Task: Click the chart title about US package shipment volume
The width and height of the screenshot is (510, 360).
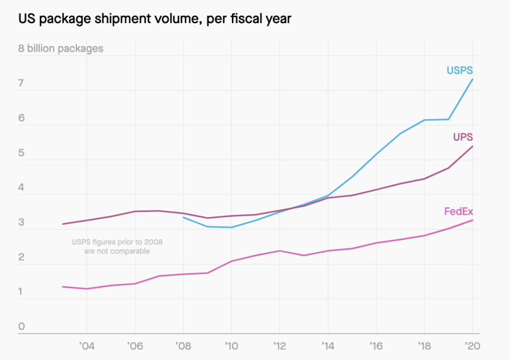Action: (x=155, y=19)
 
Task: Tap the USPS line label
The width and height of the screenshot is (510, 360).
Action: (x=459, y=70)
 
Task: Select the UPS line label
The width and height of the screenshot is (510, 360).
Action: (x=463, y=137)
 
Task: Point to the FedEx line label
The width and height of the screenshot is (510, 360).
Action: (x=458, y=211)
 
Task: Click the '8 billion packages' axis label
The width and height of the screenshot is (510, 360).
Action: (x=60, y=49)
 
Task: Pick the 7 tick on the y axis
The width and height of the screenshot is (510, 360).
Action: (x=21, y=84)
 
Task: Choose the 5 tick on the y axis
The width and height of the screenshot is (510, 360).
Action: (x=21, y=153)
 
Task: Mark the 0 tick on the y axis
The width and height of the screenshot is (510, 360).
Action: (x=21, y=326)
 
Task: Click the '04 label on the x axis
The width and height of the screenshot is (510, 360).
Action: (x=86, y=346)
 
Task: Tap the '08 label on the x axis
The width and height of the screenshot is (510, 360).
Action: (x=183, y=346)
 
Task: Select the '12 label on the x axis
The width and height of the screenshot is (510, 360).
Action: (x=280, y=346)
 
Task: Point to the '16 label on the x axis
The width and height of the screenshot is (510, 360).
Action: (x=376, y=346)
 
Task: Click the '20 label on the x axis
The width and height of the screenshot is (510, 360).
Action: (x=472, y=346)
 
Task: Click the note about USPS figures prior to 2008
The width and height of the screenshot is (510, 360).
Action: (x=117, y=247)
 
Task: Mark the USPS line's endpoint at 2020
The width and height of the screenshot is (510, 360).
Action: (x=473, y=79)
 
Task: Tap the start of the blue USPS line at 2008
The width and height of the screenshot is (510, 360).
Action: (x=183, y=217)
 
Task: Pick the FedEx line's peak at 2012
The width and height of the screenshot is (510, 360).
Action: (x=280, y=250)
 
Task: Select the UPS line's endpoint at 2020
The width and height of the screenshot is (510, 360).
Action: (x=473, y=146)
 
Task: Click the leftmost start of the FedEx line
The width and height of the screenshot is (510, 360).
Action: (x=63, y=287)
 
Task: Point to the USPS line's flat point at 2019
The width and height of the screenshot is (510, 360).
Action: (x=449, y=119)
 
